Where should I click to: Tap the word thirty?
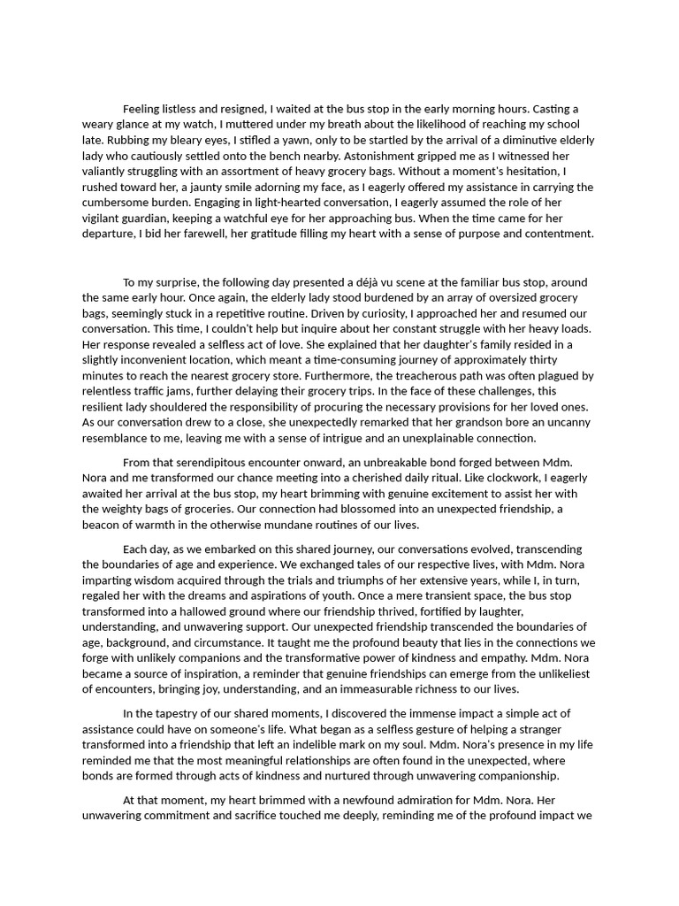coord(540,359)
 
